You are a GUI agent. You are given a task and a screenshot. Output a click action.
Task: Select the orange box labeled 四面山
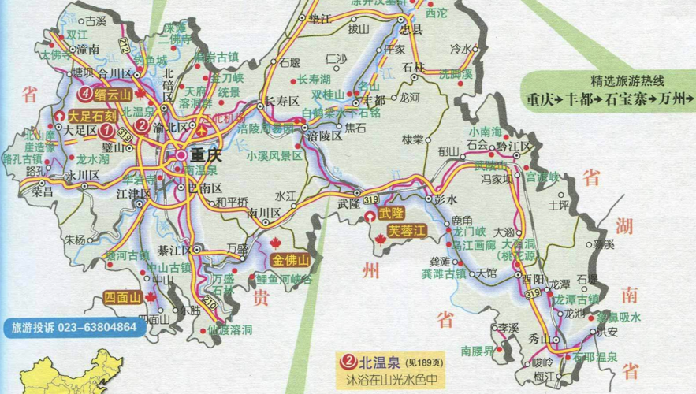pyautogui.click(x=122, y=297)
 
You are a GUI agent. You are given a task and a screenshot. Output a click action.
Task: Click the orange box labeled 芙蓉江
pyautogui.click(x=407, y=232)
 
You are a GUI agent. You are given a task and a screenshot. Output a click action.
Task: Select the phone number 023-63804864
pyautogui.click(x=97, y=326)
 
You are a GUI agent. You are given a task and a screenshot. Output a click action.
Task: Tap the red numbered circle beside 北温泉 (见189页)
pyautogui.click(x=347, y=362)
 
